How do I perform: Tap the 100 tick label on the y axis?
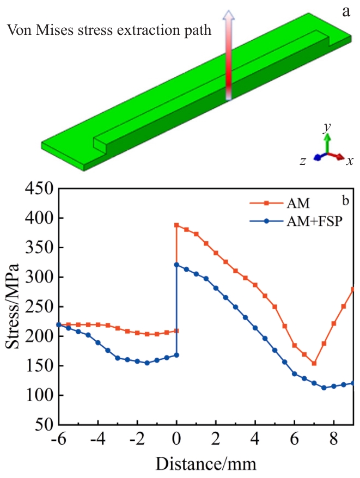[x=37, y=395]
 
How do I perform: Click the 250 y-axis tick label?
[x=37, y=307]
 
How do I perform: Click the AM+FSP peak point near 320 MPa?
[x=176, y=265]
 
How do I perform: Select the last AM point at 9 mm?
[x=353, y=289]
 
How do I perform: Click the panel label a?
[x=345, y=11]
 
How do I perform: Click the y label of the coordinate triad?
[x=326, y=127]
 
